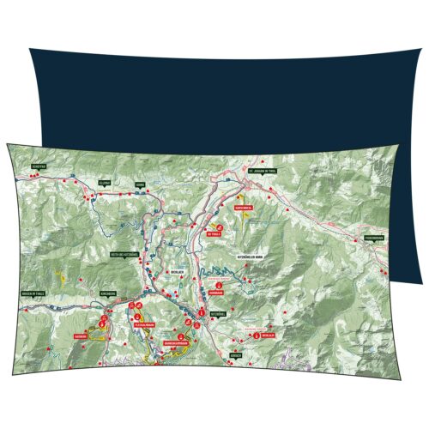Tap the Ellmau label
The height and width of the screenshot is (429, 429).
[x=106, y=184]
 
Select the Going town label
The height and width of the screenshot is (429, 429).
[x=140, y=184]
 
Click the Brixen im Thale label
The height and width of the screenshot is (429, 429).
[x=33, y=293]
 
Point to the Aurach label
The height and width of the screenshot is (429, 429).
[x=238, y=353]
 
